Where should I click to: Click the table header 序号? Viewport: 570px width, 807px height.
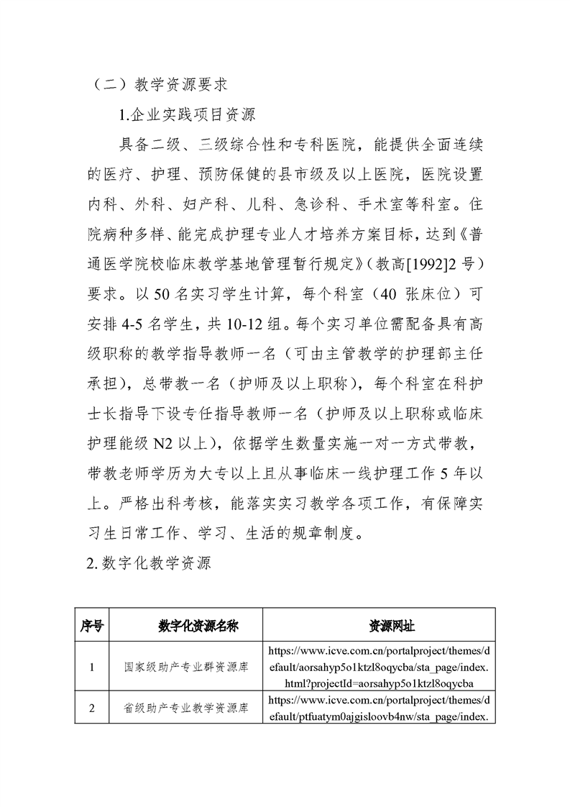point(91,626)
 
